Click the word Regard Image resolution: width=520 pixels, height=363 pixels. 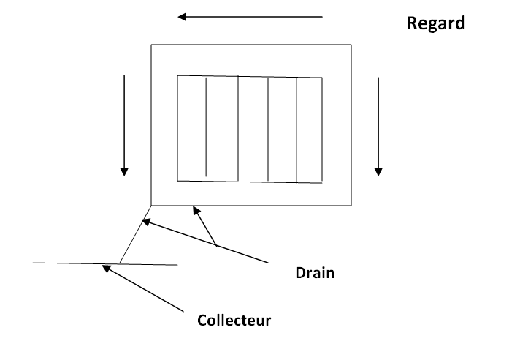click(x=435, y=23)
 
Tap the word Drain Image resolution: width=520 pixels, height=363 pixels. click(x=315, y=273)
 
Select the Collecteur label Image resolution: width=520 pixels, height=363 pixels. click(x=234, y=320)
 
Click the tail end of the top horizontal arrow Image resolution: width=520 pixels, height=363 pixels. click(x=322, y=16)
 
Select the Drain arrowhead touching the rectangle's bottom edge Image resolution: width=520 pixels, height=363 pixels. click(x=195, y=210)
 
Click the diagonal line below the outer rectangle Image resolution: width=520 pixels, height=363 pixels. click(x=135, y=234)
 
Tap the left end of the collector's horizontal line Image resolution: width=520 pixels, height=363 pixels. click(x=34, y=262)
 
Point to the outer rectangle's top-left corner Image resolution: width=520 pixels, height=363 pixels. click(x=151, y=45)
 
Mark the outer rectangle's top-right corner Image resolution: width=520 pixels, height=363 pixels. click(x=352, y=45)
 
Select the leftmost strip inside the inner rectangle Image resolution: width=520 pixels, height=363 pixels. click(x=192, y=127)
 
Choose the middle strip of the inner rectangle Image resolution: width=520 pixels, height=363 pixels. click(x=253, y=128)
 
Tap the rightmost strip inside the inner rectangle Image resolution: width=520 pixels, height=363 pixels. click(x=310, y=129)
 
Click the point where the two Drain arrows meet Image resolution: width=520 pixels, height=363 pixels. click(x=217, y=246)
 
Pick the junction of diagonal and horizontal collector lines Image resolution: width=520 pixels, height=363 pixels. click(x=120, y=263)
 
